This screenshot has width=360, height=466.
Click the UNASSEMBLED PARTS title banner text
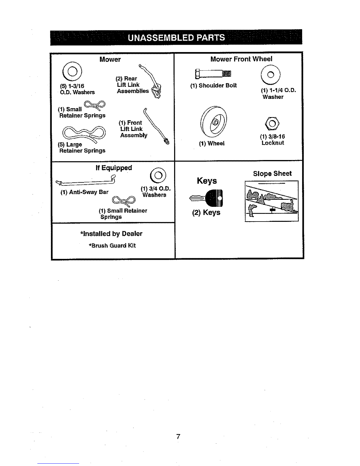pyautogui.click(x=176, y=38)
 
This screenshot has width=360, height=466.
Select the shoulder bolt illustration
pyautogui.click(x=213, y=74)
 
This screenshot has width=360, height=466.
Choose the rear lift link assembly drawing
pyautogui.click(x=151, y=80)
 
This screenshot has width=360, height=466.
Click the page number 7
pyautogui.click(x=178, y=436)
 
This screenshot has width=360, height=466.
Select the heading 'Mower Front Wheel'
pyautogui.click(x=241, y=59)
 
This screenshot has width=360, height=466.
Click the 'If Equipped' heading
pyautogui.click(x=114, y=168)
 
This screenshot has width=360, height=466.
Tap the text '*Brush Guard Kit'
pyautogui.click(x=112, y=246)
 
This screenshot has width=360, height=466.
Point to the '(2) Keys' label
pyautogui.click(x=206, y=212)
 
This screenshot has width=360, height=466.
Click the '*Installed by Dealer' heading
pyautogui.click(x=111, y=234)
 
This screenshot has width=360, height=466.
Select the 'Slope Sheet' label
pyautogui.click(x=272, y=174)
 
